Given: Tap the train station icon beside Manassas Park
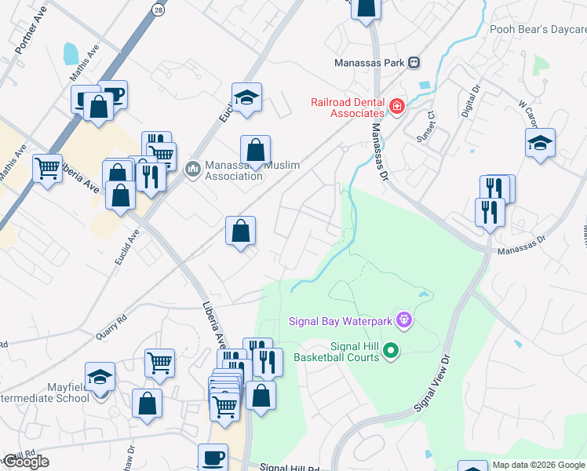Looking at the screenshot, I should [x=414, y=62].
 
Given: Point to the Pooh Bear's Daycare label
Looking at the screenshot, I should [x=538, y=29].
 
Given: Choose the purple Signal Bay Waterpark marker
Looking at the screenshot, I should [x=404, y=319].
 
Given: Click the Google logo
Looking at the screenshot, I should [x=26, y=462].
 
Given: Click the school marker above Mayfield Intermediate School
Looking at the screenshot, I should [x=100, y=378].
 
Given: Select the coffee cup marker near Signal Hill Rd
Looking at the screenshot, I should [x=211, y=457].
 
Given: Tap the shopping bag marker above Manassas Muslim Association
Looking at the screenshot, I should [x=255, y=149].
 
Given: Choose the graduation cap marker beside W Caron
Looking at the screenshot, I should [x=540, y=143].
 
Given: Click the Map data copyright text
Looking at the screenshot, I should [x=538, y=465].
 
